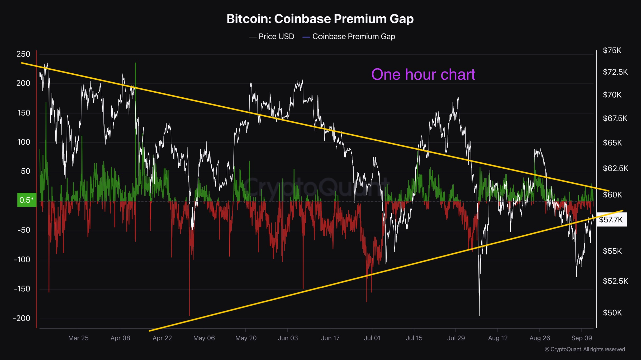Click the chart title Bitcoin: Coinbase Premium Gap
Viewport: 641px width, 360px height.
(320, 19)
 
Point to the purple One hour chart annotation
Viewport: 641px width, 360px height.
(423, 74)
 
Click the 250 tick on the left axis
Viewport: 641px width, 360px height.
(24, 54)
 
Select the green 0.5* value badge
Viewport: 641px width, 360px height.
(26, 200)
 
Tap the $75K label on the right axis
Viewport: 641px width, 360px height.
(612, 51)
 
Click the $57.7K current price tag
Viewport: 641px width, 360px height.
(611, 219)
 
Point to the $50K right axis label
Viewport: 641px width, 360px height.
(612, 313)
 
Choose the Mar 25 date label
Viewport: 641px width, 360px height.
(78, 338)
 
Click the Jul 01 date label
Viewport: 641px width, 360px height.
(372, 338)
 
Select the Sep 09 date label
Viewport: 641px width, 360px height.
(581, 338)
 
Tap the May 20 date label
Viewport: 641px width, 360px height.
(246, 338)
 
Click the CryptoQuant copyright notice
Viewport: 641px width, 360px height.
(585, 349)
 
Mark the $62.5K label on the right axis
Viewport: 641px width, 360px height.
(615, 168)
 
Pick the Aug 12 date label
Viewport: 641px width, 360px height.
(498, 338)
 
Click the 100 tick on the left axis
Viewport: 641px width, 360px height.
(24, 142)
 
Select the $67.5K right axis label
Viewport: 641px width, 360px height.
(615, 119)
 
